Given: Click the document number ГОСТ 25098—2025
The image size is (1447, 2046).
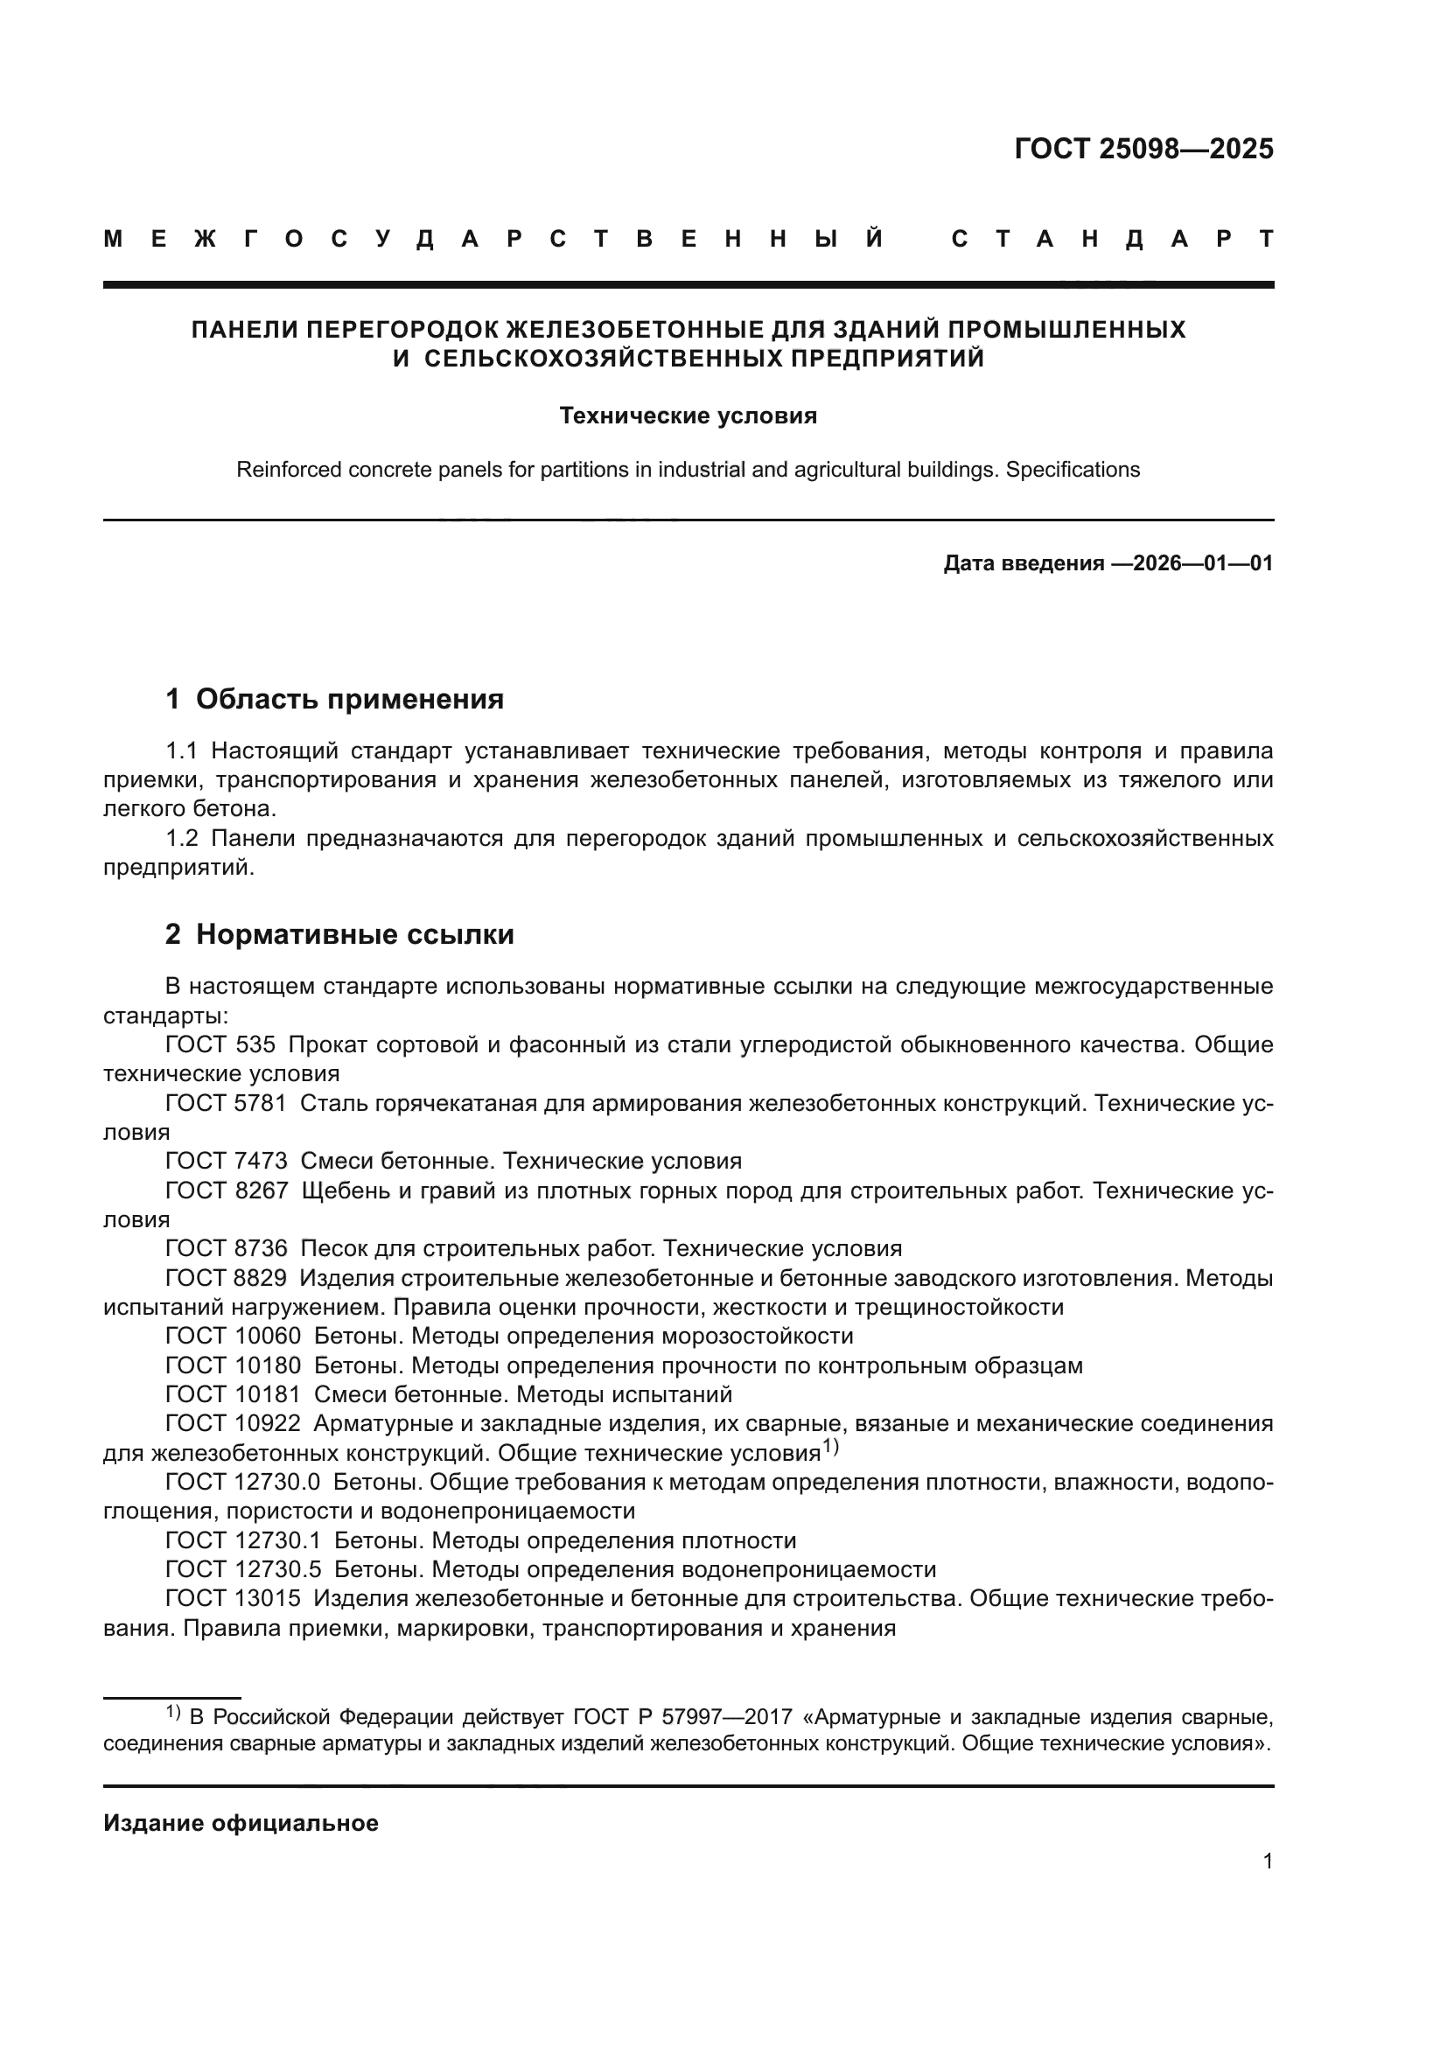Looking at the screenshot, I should click(1143, 149).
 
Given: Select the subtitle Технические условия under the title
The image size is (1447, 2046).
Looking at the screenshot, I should click(688, 416).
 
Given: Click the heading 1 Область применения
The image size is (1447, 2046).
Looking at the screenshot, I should click(335, 700).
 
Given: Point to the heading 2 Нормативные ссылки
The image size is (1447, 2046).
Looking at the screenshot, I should click(339, 935).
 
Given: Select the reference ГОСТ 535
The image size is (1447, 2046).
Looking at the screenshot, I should click(220, 1044).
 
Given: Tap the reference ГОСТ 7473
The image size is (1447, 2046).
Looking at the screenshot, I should click(227, 1161).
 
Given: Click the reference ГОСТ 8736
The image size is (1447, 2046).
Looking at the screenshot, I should click(227, 1248).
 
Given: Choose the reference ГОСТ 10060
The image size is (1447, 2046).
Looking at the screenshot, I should click(233, 1336).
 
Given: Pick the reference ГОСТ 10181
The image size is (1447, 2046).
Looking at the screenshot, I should click(233, 1393).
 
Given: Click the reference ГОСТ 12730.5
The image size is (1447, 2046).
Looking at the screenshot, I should click(243, 1569).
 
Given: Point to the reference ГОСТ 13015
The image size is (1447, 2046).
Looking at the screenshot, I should click(233, 1599).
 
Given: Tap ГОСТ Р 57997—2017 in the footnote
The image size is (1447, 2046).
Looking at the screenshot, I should click(682, 1717).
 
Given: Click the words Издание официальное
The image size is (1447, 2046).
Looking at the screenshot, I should click(241, 1823).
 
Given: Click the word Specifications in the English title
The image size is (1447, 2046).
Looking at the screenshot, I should click(1073, 470).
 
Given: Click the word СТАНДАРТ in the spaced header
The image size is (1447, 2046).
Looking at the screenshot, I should click(1112, 239).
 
